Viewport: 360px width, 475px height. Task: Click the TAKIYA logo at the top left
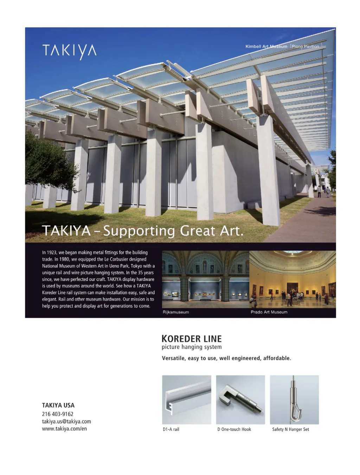69,51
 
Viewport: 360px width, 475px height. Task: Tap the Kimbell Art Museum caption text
266,46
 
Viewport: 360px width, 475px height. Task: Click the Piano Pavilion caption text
306,46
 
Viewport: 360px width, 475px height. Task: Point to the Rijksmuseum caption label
176,312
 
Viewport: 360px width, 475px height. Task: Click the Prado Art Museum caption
269,312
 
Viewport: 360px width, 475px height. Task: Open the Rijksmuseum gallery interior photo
205,279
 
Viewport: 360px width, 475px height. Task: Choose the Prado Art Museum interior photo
292,279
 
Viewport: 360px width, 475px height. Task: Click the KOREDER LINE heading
192,339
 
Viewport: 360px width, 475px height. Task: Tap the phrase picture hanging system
192,347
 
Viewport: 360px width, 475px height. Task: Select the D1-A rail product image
187,400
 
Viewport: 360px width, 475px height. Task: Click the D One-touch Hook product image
240,400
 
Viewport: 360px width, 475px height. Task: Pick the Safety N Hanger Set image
294,400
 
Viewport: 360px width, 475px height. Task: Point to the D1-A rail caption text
171,429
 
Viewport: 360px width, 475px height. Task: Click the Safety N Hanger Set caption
290,429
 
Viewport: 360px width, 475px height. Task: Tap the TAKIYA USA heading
58,405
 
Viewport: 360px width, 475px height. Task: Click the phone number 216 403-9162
58,414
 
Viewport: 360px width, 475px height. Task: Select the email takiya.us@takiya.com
66,422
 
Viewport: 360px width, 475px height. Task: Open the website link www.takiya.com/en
64,429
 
